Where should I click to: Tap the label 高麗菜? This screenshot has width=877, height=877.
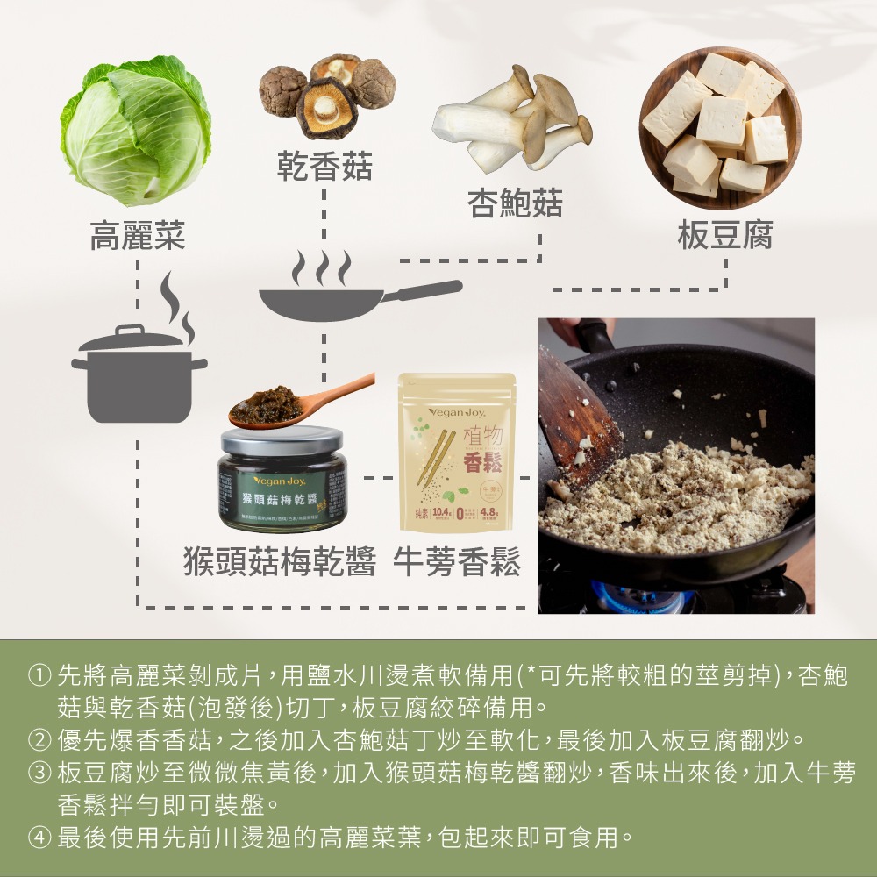pos(138,235)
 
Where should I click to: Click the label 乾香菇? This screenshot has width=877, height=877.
pos(324,166)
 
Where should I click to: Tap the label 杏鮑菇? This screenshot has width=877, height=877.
pos(515,204)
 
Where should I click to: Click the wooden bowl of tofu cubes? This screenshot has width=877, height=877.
pos(714,124)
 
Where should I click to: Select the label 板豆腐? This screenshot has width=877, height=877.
pos(724,235)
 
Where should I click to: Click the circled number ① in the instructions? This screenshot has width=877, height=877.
pos(39,676)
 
